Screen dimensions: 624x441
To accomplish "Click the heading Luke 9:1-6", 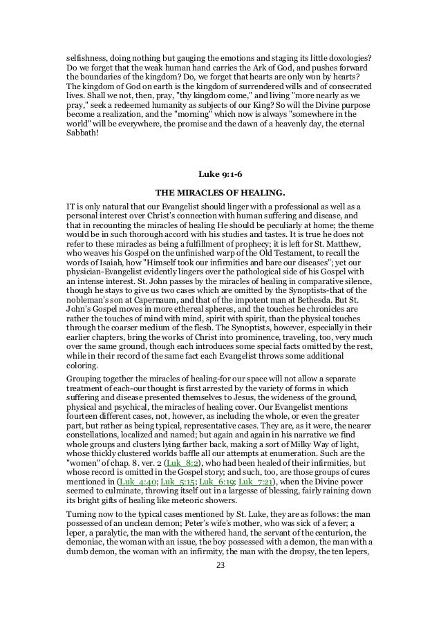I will (220, 174).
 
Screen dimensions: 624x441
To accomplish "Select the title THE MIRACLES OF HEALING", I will (220, 191).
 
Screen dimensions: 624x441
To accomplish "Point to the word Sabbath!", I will (75, 136).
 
